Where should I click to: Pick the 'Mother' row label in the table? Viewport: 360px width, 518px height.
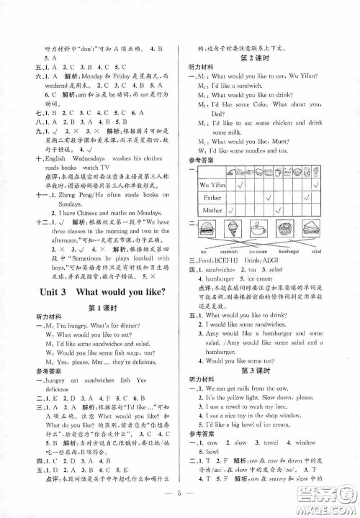click(x=213, y=209)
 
